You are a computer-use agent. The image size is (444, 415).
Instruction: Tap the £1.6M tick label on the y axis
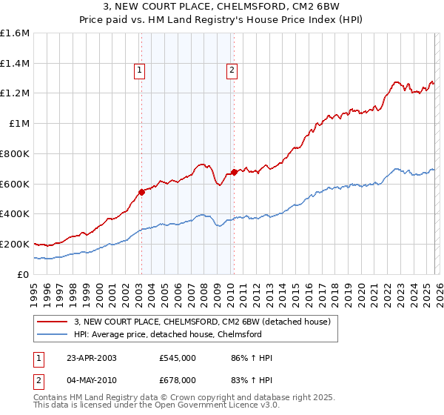pos(15,33)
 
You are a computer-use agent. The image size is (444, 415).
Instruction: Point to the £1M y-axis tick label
pos(18,124)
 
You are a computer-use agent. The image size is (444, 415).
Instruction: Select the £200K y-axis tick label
pos(15,244)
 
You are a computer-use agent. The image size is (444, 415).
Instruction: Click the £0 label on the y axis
pos(22,274)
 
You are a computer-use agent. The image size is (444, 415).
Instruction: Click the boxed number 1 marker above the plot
pos(140,70)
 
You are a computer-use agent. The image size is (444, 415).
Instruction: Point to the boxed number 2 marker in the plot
pos(232,70)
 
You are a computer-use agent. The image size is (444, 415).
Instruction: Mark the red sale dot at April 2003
pos(141,192)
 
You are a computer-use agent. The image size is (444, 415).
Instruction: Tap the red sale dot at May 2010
pos(234,172)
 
